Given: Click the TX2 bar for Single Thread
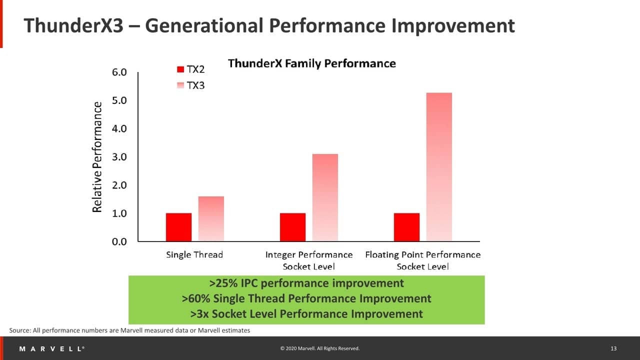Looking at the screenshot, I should tap(178, 227).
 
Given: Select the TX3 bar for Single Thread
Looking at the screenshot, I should tap(211, 218).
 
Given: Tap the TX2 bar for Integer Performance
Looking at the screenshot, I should tap(292, 227).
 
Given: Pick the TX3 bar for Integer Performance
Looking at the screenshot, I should tap(325, 197).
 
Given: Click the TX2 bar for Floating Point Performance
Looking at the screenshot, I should tap(406, 227).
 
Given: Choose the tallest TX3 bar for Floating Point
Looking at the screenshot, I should tap(439, 166).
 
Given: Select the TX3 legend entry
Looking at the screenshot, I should tap(191, 85).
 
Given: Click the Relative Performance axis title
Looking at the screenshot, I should tap(97, 157).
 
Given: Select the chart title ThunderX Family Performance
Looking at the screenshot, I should tap(311, 63).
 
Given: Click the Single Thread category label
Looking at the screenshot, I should tap(194, 255).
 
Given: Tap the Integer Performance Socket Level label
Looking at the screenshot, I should tap(309, 260).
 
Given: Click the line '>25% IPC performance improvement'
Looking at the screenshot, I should tap(306, 283).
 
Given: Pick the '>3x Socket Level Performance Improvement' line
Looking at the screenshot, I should tap(306, 314).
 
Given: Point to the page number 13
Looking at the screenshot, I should tap(613, 348).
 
